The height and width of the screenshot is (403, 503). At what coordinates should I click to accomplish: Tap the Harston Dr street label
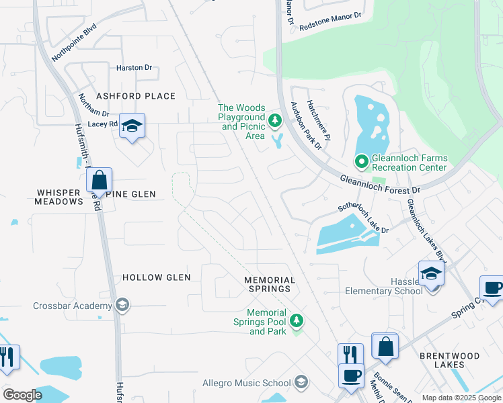click(x=134, y=68)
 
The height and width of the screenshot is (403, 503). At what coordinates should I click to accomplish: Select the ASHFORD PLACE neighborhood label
click(x=135, y=97)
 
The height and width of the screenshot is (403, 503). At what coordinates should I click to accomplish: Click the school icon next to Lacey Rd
click(x=132, y=126)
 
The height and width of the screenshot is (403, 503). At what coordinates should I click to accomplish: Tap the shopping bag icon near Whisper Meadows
click(x=99, y=181)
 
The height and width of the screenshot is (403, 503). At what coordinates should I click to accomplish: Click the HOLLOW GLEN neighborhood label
click(x=157, y=277)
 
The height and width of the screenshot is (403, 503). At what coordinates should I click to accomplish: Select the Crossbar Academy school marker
click(x=122, y=306)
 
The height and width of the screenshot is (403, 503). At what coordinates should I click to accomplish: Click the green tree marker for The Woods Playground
click(x=274, y=121)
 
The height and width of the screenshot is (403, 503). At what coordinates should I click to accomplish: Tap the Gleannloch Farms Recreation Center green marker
click(x=361, y=161)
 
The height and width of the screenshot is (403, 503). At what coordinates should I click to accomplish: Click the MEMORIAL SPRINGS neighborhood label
click(x=270, y=284)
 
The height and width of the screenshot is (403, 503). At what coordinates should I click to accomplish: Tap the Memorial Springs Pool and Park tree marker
click(x=296, y=322)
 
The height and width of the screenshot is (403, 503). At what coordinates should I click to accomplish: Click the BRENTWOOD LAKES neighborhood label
click(x=450, y=360)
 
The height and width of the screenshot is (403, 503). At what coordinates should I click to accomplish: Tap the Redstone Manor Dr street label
click(x=330, y=21)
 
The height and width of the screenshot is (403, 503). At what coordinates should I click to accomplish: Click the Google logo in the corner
click(x=22, y=395)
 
